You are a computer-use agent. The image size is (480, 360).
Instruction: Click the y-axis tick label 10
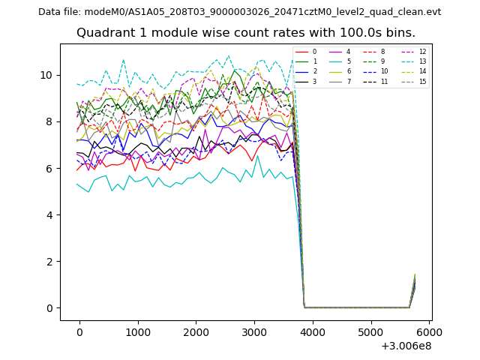coord(46,75)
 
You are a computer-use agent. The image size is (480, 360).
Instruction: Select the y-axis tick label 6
coord(49,168)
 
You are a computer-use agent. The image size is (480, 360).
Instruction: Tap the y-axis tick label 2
coord(49,262)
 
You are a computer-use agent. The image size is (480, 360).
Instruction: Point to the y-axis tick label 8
coord(49,121)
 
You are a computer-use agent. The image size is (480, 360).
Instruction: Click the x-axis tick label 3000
coord(254,331)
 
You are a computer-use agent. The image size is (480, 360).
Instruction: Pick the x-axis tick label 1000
coord(138,331)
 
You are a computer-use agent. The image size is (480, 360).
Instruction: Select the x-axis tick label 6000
coord(430,331)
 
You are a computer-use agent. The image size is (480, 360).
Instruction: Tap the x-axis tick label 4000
coord(313,331)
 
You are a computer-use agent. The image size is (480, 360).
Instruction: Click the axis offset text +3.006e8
coord(406,346)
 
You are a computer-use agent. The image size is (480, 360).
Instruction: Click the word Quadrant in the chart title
coord(103,33)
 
